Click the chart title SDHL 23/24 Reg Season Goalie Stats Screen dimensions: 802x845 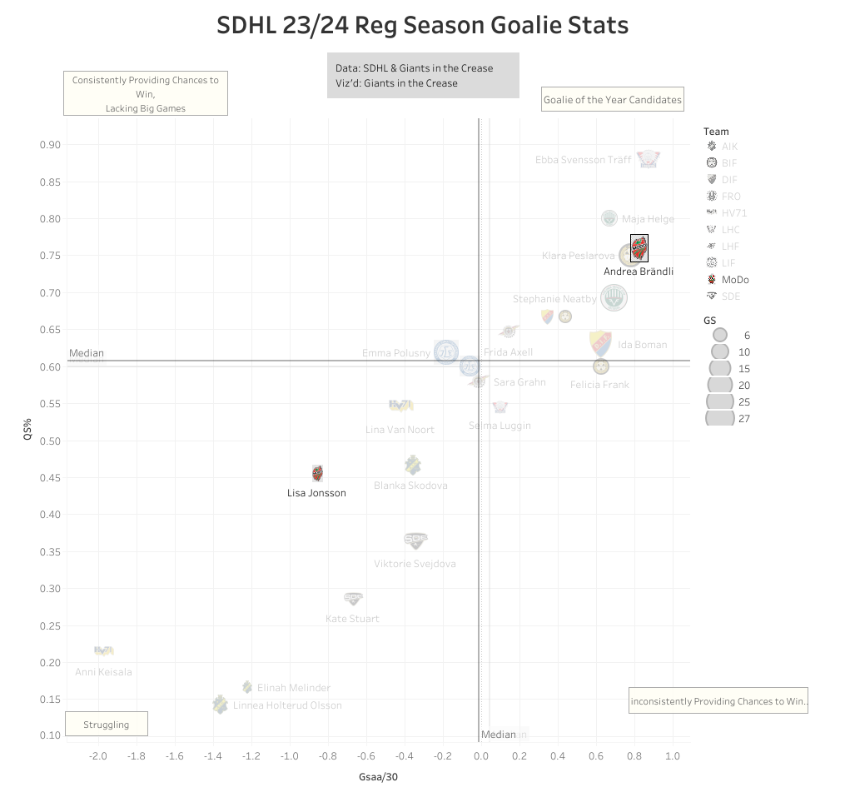point(422,25)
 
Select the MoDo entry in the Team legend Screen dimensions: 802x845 point(734,280)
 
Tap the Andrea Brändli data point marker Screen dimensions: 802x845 point(639,248)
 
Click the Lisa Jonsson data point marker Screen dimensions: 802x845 point(317,473)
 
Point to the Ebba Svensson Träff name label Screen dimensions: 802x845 point(583,159)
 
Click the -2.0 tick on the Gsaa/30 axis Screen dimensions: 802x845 point(98,756)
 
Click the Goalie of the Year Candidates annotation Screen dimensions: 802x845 point(612,100)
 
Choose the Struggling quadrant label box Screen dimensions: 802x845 point(107,725)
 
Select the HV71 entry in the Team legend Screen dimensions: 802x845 point(730,213)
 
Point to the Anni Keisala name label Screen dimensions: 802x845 point(103,672)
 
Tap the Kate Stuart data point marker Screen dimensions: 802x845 point(353,598)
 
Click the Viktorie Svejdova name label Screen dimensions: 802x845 point(415,564)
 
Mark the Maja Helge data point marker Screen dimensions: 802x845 point(609,218)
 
